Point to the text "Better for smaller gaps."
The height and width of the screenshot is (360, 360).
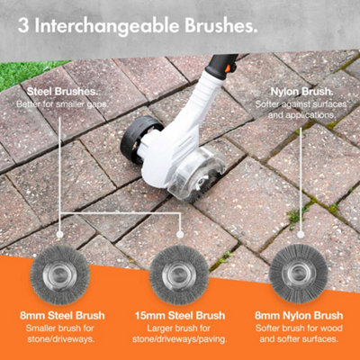tap(60, 105)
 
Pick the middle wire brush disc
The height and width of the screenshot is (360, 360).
tap(180, 268)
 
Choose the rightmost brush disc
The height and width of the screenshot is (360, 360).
tap(305, 268)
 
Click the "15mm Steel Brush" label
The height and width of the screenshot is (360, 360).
tap(180, 315)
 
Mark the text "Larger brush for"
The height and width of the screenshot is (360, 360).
tap(180, 328)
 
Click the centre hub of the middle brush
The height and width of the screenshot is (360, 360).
tap(180, 268)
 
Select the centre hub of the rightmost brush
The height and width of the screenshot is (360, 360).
tap(305, 268)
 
